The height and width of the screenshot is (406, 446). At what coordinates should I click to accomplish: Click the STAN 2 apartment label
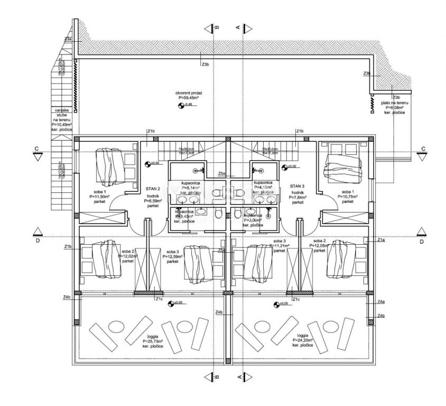pyautogui.click(x=153, y=187)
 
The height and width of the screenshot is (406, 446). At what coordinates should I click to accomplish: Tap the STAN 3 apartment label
pyautogui.click(x=298, y=186)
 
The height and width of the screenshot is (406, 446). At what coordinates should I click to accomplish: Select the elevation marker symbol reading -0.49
pyautogui.click(x=181, y=105)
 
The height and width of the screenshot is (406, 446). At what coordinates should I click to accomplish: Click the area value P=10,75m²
pyautogui.click(x=347, y=196)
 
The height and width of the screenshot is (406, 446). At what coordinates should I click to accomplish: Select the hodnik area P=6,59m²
pyautogui.click(x=153, y=201)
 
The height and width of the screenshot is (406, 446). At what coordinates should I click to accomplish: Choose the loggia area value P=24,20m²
pyautogui.click(x=302, y=340)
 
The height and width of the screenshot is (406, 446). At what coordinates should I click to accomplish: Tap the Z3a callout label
pyautogui.click(x=68, y=39)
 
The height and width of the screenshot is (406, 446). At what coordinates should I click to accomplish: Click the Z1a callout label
pyautogui.click(x=381, y=240)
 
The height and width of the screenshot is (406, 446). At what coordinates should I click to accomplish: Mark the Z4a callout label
pyautogui.click(x=381, y=301)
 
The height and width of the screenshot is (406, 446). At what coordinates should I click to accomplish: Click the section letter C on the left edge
pyautogui.click(x=36, y=149)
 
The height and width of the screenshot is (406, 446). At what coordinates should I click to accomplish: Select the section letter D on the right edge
pyautogui.click(x=421, y=242)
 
